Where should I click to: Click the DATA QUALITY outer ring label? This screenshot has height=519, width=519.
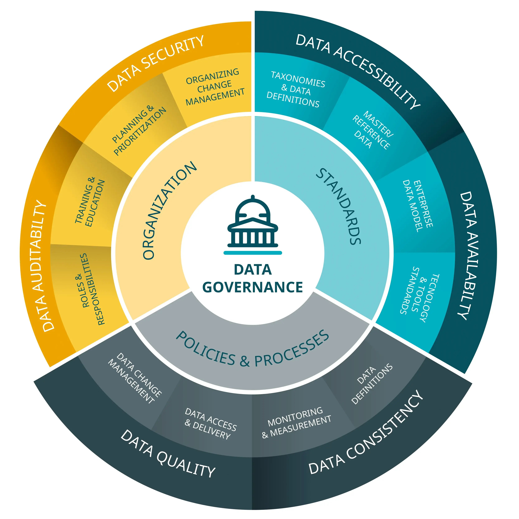[x=168, y=454]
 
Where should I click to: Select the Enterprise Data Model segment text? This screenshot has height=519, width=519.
[x=418, y=205]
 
